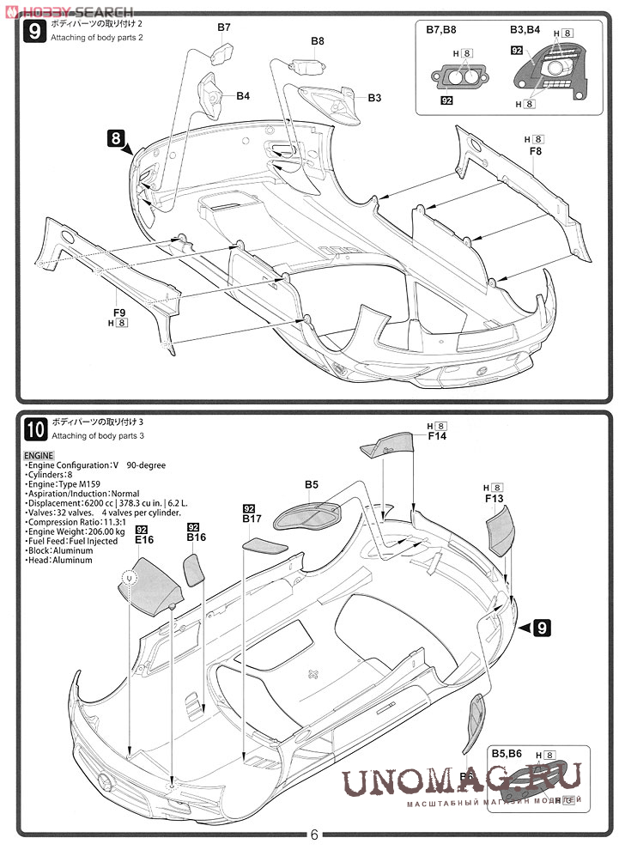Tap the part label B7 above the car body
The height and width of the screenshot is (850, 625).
[x=223, y=27]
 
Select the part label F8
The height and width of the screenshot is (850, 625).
[x=536, y=151]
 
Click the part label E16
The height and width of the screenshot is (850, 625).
[x=143, y=540]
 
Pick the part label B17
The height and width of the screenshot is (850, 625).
[x=252, y=519]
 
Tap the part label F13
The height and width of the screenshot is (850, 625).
[x=494, y=498]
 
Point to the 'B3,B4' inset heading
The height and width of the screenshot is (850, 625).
[x=525, y=29]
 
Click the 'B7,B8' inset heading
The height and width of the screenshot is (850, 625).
[x=443, y=29]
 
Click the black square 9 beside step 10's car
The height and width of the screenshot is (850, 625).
[x=541, y=628]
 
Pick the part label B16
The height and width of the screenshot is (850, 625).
[x=197, y=538]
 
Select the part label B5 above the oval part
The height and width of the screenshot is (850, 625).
[x=312, y=485]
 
